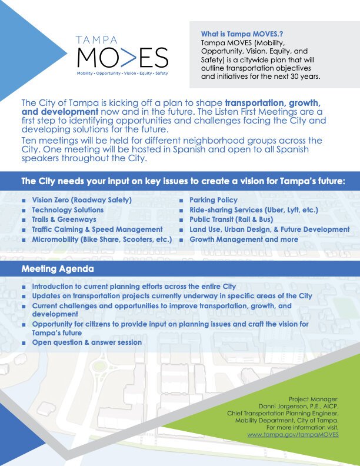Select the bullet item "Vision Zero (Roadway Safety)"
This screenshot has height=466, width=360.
click(x=82, y=200)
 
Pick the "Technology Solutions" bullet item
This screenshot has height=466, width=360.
click(x=68, y=210)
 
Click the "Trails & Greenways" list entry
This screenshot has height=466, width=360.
click(x=64, y=219)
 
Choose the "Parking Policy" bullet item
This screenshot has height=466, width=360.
click(x=214, y=200)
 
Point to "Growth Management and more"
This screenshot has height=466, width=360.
click(x=244, y=239)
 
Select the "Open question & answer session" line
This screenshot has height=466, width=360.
click(x=86, y=342)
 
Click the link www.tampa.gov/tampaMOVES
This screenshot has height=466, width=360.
click(x=293, y=434)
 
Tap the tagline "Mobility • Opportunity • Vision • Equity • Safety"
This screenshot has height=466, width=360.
click(x=122, y=74)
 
